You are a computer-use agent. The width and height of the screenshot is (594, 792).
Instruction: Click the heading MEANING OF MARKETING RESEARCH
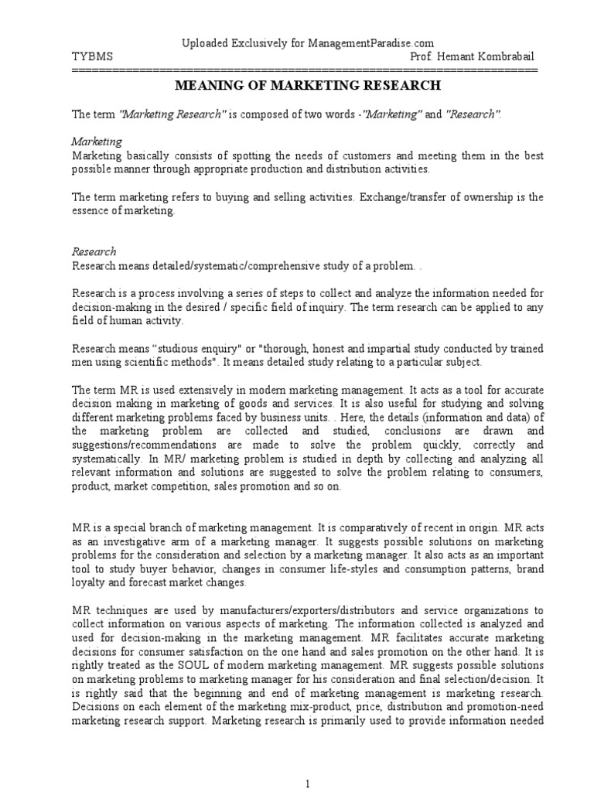pos(308,85)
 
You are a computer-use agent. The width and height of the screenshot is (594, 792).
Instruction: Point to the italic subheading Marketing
pos(97,142)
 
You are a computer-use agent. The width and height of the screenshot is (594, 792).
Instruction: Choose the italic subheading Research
pos(94,251)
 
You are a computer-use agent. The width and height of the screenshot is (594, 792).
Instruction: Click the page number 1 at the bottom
pos(308,783)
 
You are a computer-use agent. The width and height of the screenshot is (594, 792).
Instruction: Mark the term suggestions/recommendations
pos(142,445)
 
